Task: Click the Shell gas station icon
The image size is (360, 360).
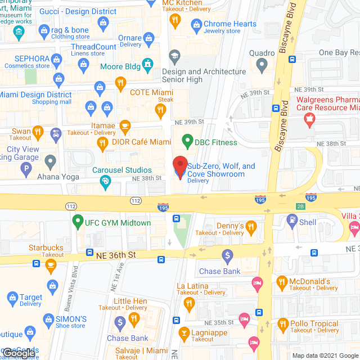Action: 291,222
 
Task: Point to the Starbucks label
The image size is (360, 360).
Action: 46,247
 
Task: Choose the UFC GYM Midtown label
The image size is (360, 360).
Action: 118,223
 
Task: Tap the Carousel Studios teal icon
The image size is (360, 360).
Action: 105,181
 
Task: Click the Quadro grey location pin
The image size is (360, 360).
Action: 261,65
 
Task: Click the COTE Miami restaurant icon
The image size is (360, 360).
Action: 120,85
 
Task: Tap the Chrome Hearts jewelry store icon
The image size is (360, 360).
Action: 196,24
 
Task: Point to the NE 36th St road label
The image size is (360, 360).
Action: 116,255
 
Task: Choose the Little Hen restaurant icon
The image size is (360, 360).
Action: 134,319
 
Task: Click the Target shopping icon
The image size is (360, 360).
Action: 12,297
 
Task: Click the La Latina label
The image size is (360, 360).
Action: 192,286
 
